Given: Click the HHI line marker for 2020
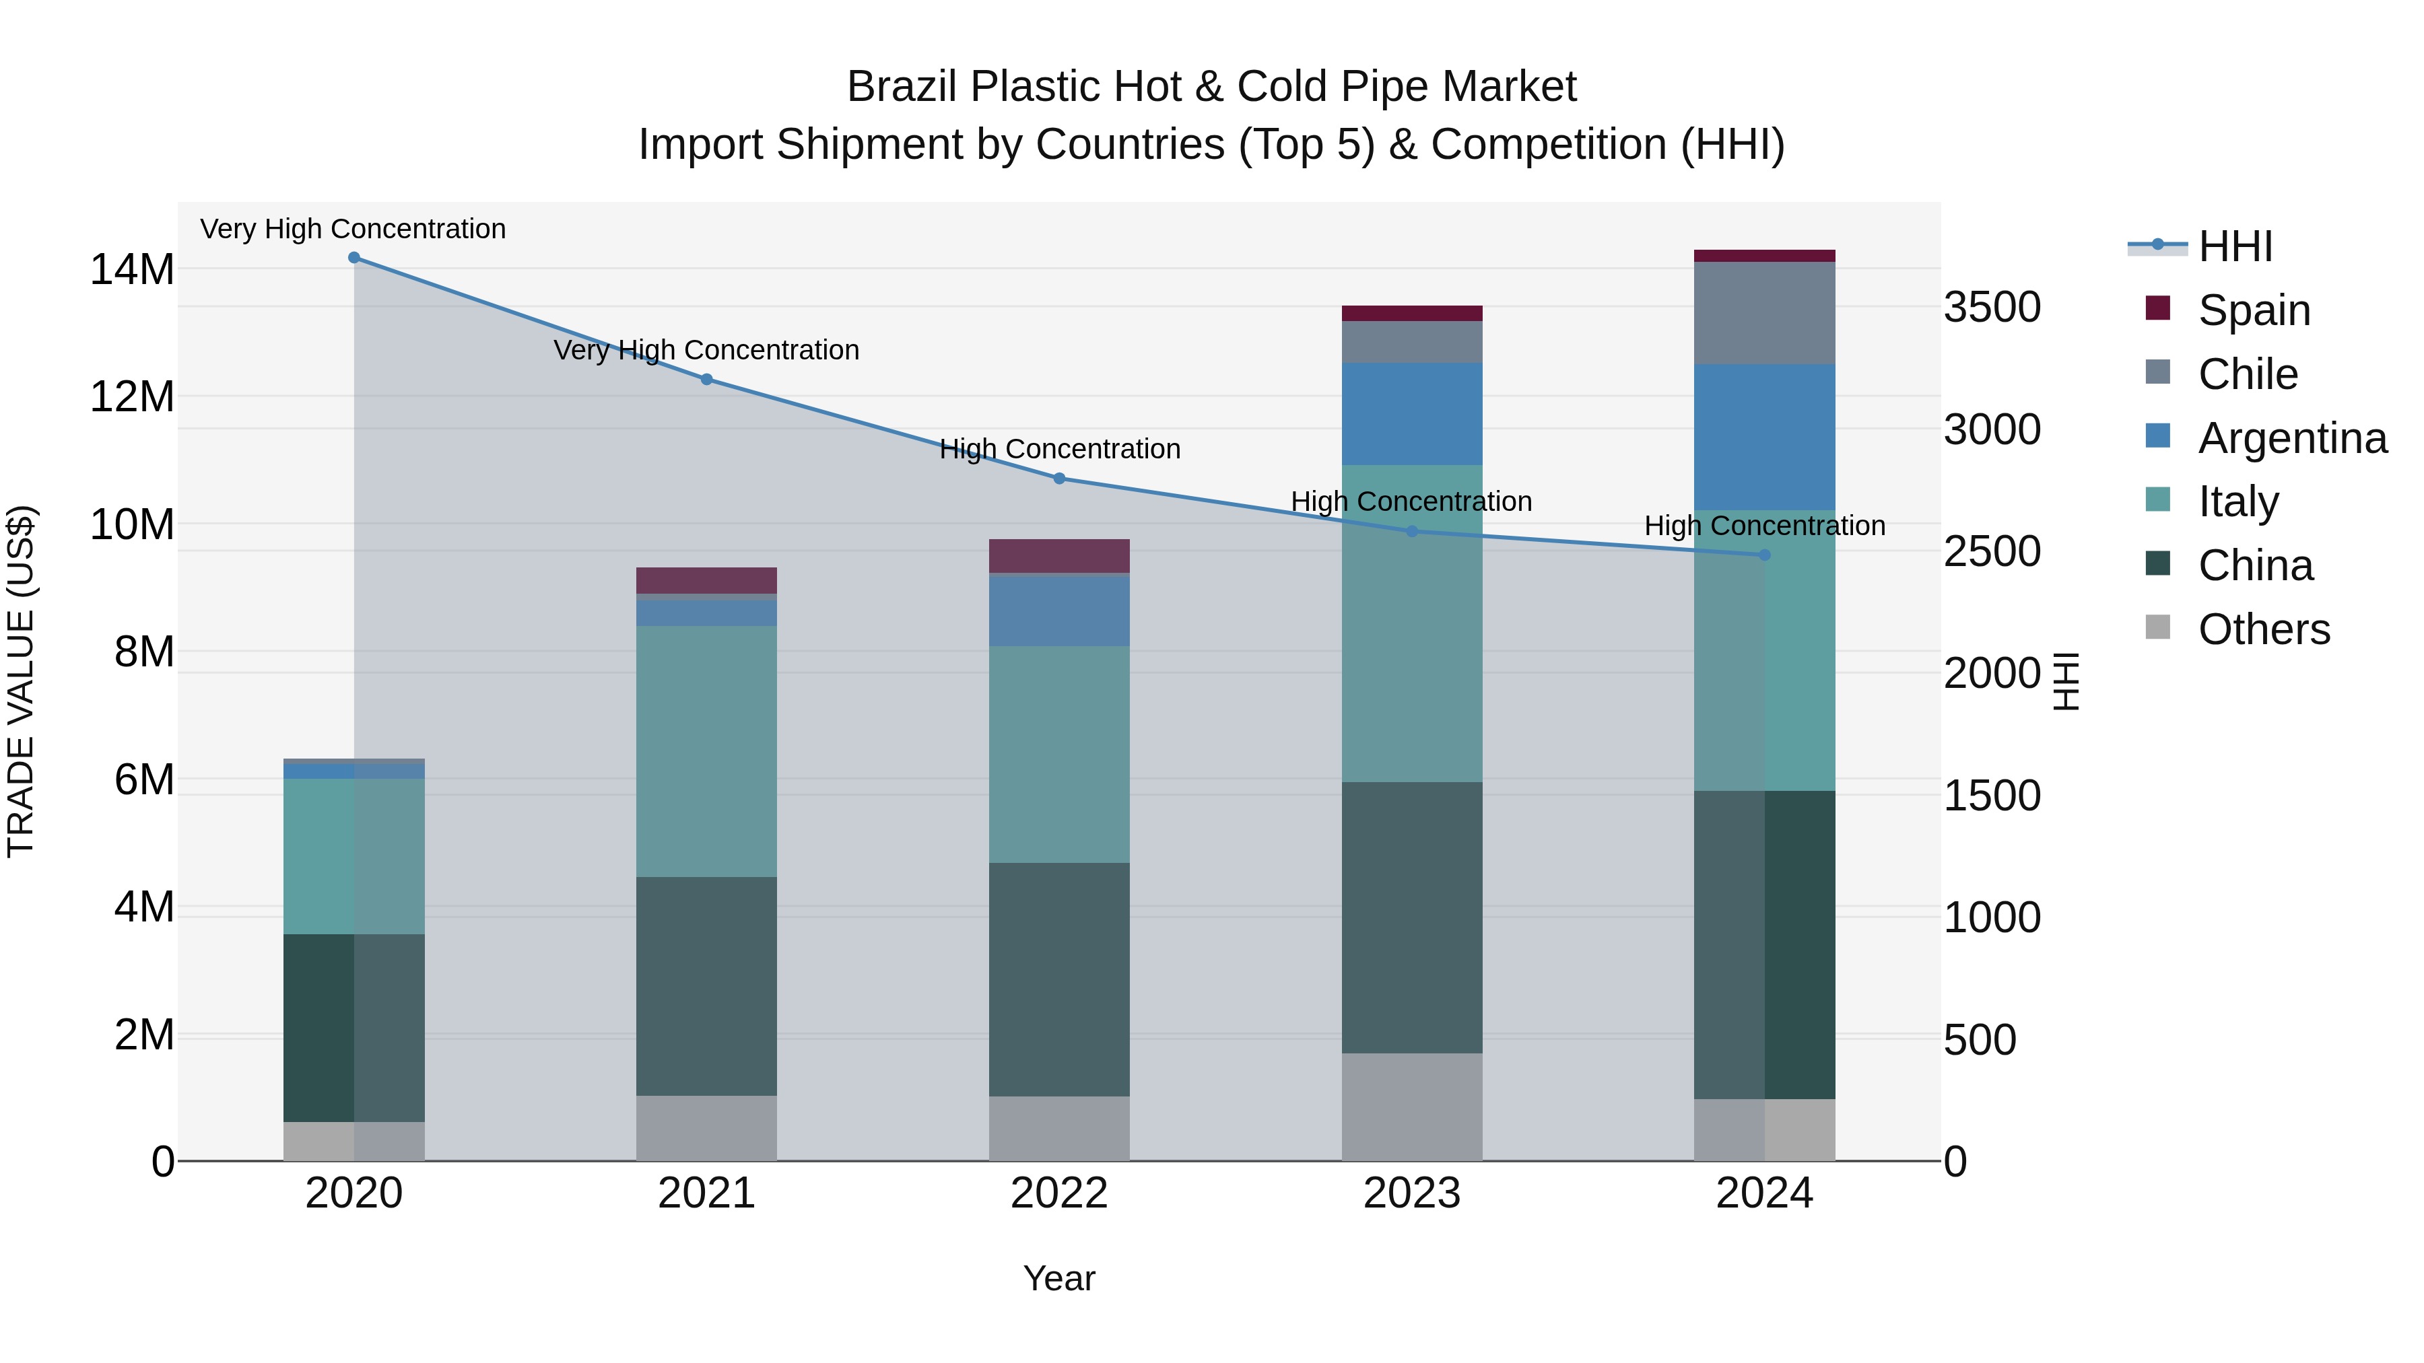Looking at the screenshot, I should click(x=353, y=258).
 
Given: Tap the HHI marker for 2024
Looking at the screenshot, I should click(x=1764, y=555).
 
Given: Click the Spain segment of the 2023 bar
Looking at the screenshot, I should click(x=1411, y=313).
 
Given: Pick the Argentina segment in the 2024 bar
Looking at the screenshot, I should click(x=1764, y=438).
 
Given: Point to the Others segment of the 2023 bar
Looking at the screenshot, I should click(x=1411, y=1107).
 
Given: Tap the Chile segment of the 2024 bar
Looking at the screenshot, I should click(x=1764, y=313).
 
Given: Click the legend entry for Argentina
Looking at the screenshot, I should click(x=2291, y=438).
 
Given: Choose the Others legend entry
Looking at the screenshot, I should click(x=2263, y=629).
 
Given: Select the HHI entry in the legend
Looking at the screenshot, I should click(x=2235, y=246).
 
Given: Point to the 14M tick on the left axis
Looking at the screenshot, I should click(x=132, y=270).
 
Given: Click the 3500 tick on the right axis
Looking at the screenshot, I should click(x=1992, y=308).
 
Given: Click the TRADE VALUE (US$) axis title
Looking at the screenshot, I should click(x=21, y=681).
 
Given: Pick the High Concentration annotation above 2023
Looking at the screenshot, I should click(x=1411, y=501).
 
